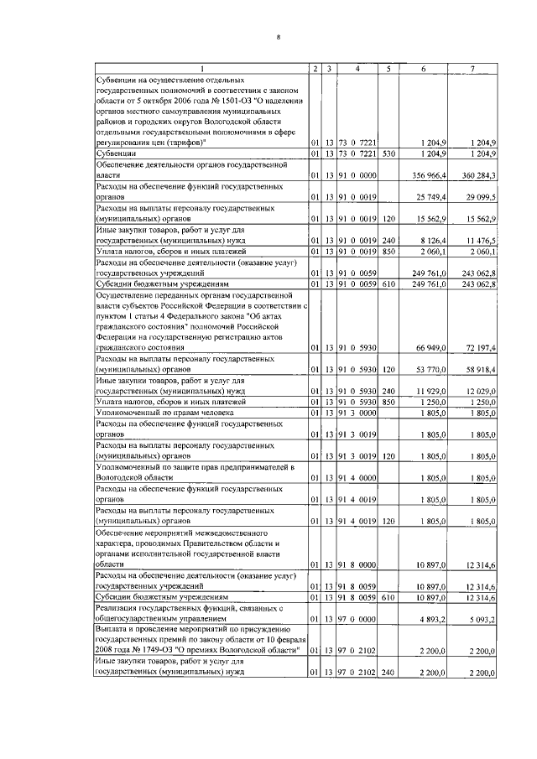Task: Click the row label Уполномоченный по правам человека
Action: click(x=164, y=413)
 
